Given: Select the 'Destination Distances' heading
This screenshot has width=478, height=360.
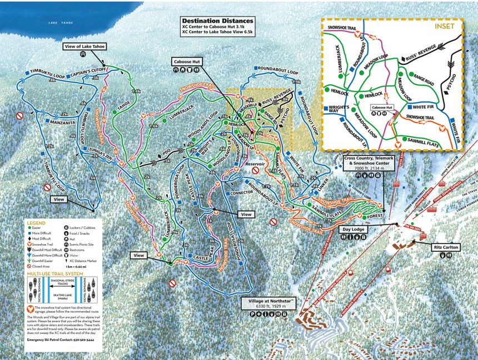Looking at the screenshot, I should click(x=210, y=21).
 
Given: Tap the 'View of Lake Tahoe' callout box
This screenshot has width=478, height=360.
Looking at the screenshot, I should click(x=86, y=46).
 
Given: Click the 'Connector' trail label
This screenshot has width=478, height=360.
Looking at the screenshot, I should click(x=241, y=193).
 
